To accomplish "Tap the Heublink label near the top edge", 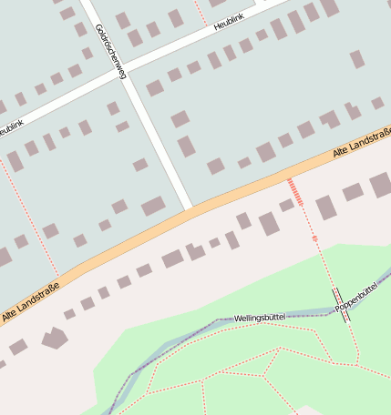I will pyautogui.click(x=230, y=23).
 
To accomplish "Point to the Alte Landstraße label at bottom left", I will pyautogui.click(x=30, y=303).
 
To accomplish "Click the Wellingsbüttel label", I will pyautogui.click(x=260, y=318).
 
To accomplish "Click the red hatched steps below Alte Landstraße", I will pyautogui.click(x=294, y=191).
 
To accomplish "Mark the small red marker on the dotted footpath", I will pyautogui.click(x=315, y=238).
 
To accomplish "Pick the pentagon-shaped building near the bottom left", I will pyautogui.click(x=55, y=338).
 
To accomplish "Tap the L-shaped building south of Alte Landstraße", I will pyautogui.click(x=194, y=251).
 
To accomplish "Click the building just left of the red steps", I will pyautogui.click(x=269, y=223).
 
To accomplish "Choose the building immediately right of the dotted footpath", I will pyautogui.click(x=325, y=207).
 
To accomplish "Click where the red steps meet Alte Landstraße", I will pyautogui.click(x=289, y=178).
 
